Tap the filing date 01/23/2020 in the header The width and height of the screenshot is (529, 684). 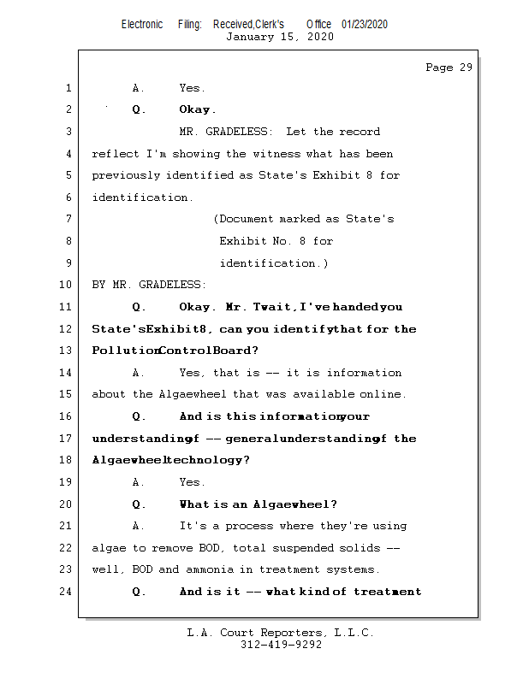tap(364, 25)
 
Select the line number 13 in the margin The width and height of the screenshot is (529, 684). tap(66, 351)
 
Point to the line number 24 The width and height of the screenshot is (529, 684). tap(66, 592)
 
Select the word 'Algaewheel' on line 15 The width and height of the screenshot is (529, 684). tap(192, 394)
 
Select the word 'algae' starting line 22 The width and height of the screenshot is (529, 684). tap(109, 548)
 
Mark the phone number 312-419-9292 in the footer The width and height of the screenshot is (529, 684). tap(281, 646)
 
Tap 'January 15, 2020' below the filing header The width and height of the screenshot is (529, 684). tap(280, 37)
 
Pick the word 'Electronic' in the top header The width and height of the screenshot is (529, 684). tap(142, 25)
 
